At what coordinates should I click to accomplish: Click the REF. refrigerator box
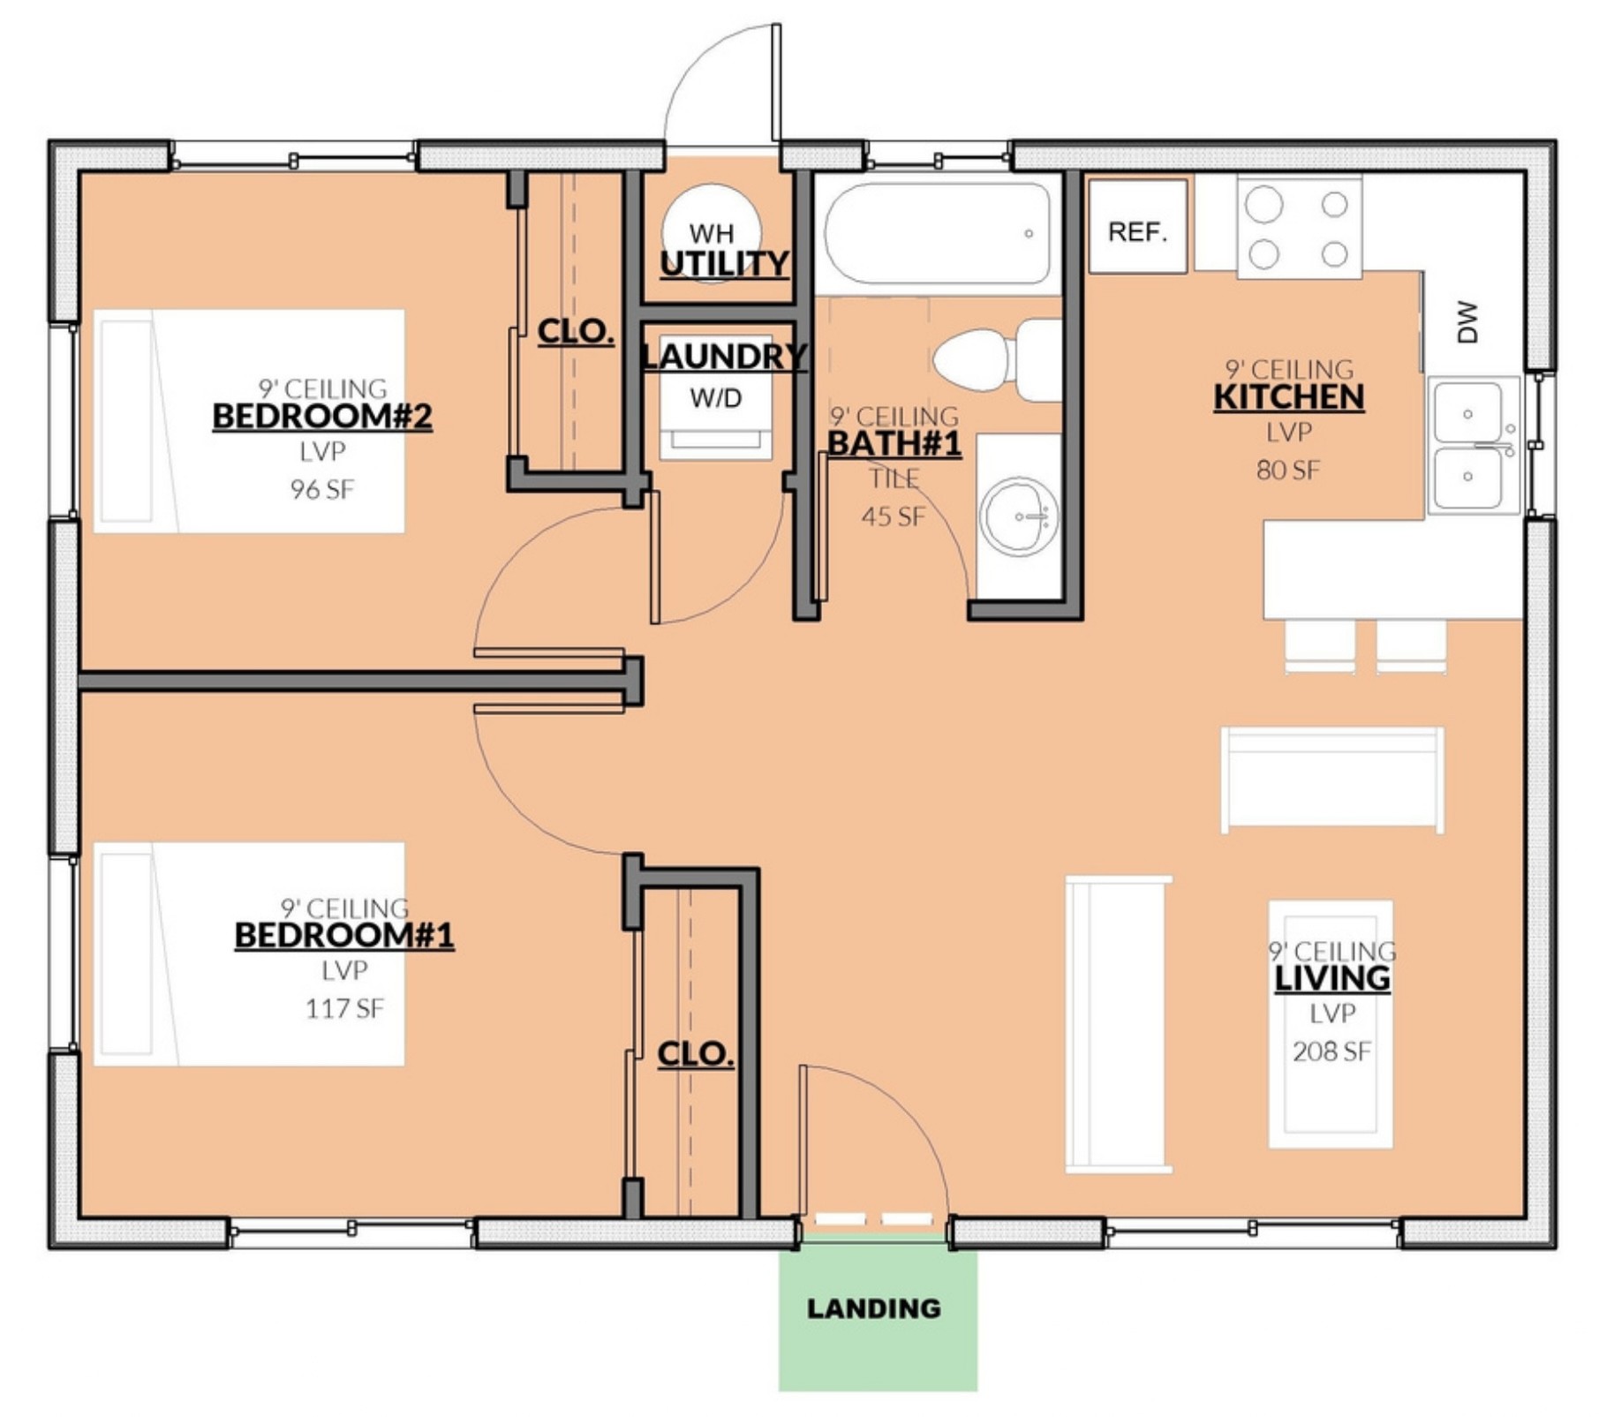pos(1137,226)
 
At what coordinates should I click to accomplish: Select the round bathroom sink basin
pos(1018,516)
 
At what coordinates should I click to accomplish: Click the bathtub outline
pos(937,234)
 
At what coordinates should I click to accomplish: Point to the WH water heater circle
pos(712,233)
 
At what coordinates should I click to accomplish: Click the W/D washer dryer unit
pos(716,397)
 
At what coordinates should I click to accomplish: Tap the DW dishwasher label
pos(1467,321)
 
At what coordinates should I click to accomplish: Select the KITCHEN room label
pos(1289,397)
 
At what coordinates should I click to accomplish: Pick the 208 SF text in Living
pos(1331,1051)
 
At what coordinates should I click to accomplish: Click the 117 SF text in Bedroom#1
pos(344,1008)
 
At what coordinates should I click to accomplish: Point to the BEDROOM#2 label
pos(322,416)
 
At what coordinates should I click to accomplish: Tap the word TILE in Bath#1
pos(894,479)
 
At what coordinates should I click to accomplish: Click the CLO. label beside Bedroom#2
pos(576,332)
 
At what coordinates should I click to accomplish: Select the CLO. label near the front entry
pos(696,1053)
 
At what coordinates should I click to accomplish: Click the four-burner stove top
pos(1299,228)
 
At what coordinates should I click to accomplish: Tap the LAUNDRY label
pos(724,357)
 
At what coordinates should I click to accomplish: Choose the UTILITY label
pos(724,263)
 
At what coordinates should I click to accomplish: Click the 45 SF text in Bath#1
pos(894,516)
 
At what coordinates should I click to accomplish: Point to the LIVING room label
pos(1332,978)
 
